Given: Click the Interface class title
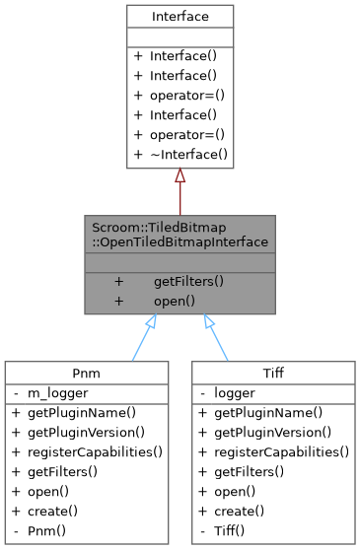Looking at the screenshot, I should [x=180, y=17].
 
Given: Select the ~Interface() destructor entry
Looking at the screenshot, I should [x=188, y=154].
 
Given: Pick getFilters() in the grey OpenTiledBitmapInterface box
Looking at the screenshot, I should [x=188, y=281].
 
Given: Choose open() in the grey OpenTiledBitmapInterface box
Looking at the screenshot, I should [x=174, y=300].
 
